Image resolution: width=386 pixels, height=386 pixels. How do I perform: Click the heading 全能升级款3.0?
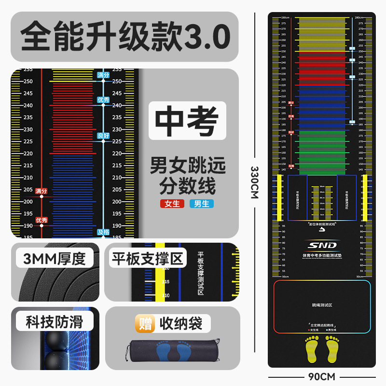124,37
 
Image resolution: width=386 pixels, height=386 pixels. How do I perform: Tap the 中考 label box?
187,121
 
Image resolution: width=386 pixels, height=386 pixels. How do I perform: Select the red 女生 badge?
172,204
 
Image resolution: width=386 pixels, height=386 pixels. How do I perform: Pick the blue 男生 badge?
202,204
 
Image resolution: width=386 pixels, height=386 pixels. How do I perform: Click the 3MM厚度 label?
54,259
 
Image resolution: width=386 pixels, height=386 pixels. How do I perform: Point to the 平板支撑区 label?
148,259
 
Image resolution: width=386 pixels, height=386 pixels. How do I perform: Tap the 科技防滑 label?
54,322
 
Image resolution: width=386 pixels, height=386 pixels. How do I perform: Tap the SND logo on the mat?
321,245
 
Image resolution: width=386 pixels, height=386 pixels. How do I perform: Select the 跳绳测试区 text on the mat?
321,305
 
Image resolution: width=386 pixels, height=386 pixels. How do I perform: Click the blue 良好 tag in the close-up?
103,136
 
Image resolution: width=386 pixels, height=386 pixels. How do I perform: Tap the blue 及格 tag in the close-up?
103,232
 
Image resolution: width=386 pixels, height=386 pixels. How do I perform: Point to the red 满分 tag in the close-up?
41,192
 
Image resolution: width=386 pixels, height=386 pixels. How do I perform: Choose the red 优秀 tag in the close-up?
41,220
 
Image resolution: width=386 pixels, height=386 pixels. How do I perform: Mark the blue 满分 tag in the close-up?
103,75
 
